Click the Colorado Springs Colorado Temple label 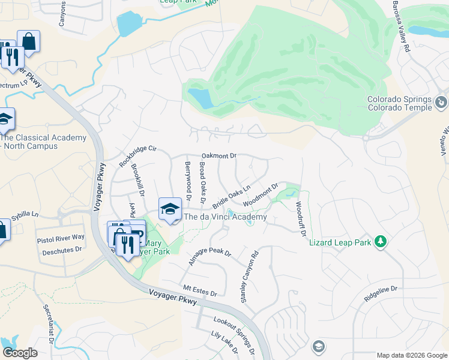pos(400,103)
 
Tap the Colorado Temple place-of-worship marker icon pos(442,103)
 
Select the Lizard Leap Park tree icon pos(379,242)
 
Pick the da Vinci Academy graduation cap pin pos(170,209)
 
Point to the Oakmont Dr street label pos(219,155)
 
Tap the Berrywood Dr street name pos(188,181)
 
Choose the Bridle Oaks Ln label pos(231,197)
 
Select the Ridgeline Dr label pos(381,293)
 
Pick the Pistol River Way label pos(61,238)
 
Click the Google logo pos(20,353)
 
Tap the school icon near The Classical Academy pos(5,119)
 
